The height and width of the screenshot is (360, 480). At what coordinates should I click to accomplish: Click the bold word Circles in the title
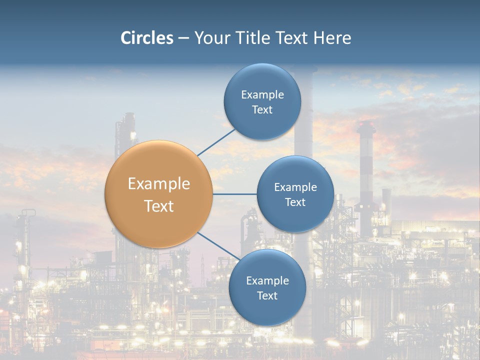[146, 38]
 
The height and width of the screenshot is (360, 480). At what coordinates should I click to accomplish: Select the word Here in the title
[332, 38]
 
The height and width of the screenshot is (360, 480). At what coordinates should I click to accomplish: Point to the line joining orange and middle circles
[234, 194]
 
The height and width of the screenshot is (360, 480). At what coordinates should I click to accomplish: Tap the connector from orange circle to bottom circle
[218, 246]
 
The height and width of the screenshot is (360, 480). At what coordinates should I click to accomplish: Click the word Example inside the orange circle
[158, 184]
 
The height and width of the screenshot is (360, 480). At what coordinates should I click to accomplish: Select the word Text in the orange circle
[158, 206]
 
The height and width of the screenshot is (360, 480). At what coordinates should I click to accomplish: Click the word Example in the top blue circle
[262, 95]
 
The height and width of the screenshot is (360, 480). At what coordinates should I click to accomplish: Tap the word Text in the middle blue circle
[295, 202]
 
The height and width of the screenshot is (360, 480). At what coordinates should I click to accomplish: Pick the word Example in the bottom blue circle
[267, 280]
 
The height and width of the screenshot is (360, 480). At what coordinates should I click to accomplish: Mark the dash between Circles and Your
[183, 38]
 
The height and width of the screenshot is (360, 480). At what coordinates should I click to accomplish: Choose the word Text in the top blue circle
[262, 110]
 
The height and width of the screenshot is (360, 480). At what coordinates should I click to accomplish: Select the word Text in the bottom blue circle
[267, 295]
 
